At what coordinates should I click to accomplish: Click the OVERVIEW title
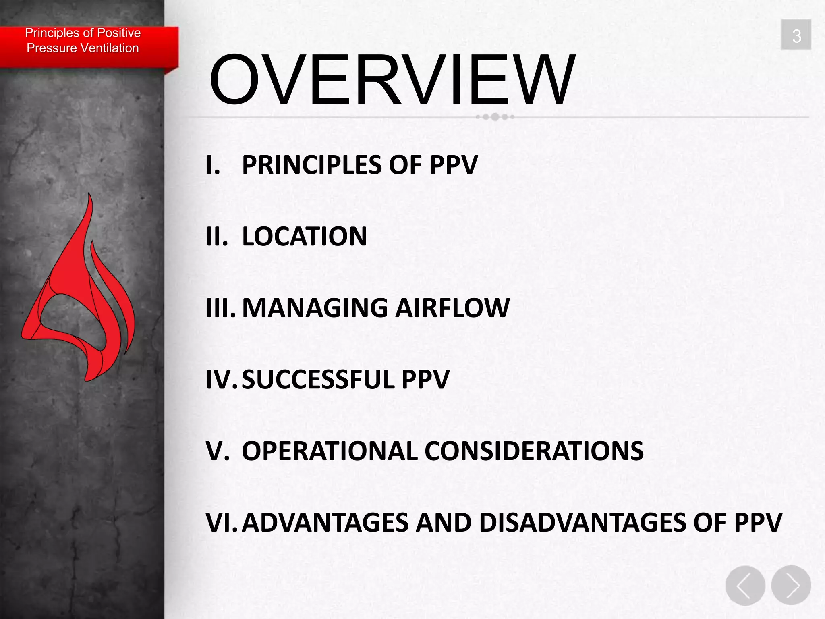(x=392, y=80)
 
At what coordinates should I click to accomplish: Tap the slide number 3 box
(x=796, y=35)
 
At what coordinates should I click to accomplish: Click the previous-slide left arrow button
(x=745, y=585)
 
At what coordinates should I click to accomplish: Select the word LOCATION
(x=304, y=237)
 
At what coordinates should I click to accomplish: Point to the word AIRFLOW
(x=452, y=308)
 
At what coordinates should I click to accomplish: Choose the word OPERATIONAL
(x=330, y=451)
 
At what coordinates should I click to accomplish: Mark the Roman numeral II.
(x=216, y=237)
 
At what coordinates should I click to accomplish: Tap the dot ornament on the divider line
(x=495, y=117)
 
